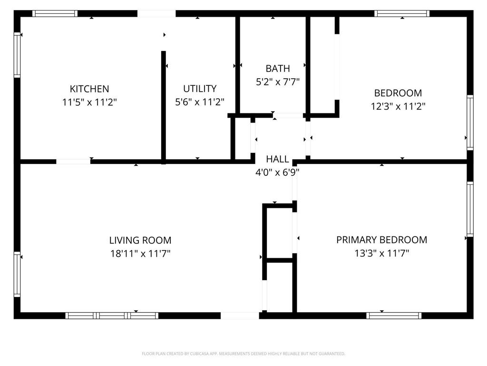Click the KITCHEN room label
pos(89,89)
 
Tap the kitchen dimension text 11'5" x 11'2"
pos(89,102)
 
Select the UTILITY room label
pos(200,89)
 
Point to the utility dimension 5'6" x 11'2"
pos(200,102)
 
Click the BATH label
pos(278,69)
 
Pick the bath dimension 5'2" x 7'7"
pos(278,82)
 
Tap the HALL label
pos(277,159)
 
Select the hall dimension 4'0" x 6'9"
pos(277,172)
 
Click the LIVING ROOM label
pos(140,240)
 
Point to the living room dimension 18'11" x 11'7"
pos(140,254)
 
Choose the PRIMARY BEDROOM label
pos(381,240)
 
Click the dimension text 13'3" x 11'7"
pos(381,253)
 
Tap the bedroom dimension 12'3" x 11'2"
pos(398,106)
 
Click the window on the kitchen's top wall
pos(55,13)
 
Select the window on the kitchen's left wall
pos(17,55)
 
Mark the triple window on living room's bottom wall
pos(112,315)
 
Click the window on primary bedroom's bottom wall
pos(394,315)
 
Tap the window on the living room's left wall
pos(17,274)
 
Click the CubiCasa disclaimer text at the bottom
pos(243,354)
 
